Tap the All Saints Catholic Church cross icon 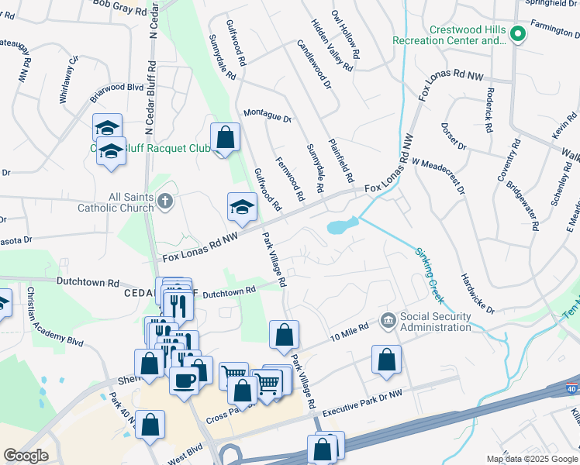[164, 202]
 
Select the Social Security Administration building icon [388, 319]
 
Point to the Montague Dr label [267, 116]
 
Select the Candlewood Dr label [313, 63]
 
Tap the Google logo [26, 456]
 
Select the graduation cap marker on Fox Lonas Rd [242, 207]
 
